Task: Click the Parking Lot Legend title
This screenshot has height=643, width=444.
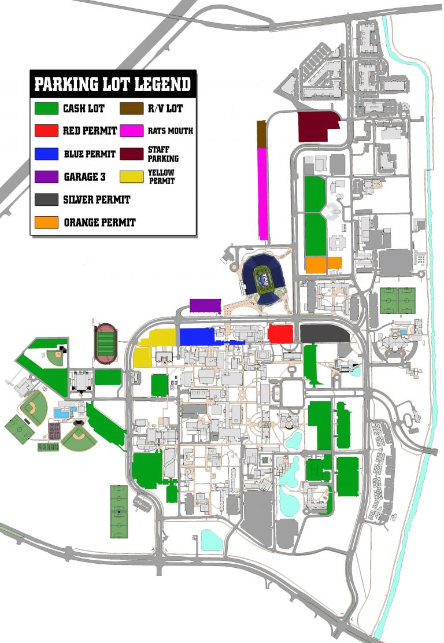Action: pos(113,84)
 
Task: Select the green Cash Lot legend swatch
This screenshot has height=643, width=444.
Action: pos(46,108)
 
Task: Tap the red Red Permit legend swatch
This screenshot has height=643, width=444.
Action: pos(46,131)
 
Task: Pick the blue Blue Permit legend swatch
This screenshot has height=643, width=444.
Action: pos(46,154)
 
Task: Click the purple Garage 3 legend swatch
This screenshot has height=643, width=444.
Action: pos(46,177)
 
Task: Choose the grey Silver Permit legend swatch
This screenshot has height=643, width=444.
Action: pos(46,199)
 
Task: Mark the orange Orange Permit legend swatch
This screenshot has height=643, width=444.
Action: pos(46,222)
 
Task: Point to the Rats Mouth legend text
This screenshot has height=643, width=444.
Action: pos(171,131)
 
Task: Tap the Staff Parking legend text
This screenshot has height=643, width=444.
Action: pos(162,154)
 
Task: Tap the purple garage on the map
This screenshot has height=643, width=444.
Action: pos(205,306)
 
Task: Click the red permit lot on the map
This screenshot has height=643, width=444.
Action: pos(280,334)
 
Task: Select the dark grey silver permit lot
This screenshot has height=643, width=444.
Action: pos(324,334)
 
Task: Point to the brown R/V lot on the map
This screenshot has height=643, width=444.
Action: pos(261,134)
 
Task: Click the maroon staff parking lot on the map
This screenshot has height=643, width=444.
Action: pos(317,127)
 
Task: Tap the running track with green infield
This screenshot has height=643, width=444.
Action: pos(105,343)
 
